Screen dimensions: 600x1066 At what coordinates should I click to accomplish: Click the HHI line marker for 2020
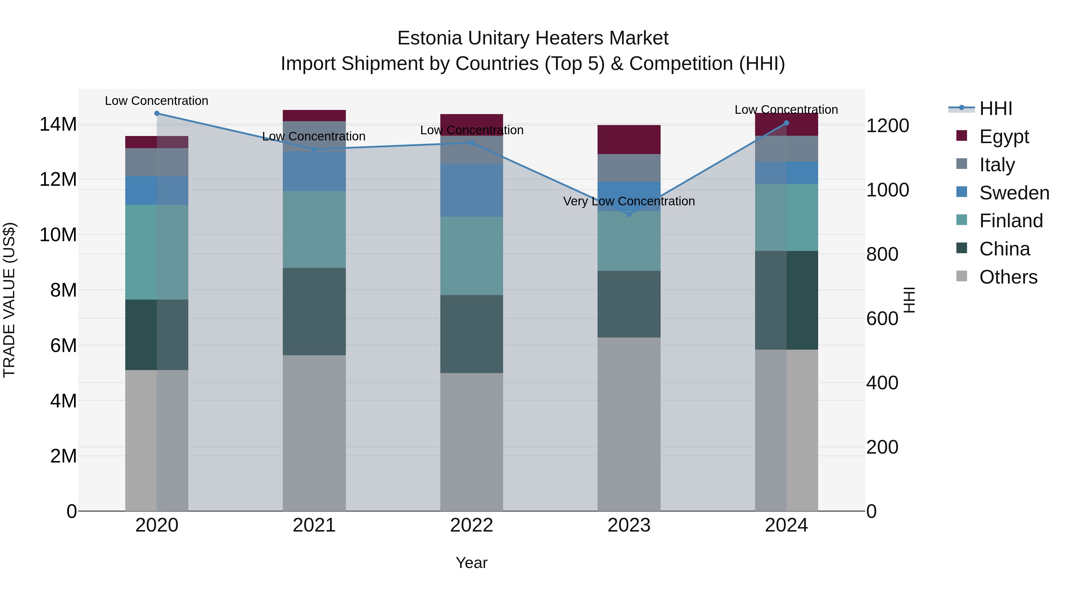coord(157,113)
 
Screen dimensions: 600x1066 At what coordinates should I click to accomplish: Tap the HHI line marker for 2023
coord(629,215)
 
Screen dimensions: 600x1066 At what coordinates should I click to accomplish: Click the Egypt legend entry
coord(1004,137)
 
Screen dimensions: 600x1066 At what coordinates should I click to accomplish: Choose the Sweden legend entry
coord(1014,193)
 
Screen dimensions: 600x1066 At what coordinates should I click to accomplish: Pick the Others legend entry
coord(1008,277)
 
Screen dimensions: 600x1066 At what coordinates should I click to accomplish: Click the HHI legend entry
coord(996,108)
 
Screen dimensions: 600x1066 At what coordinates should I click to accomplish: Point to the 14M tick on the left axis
coord(58,124)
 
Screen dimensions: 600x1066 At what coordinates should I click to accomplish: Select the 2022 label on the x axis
coord(471,525)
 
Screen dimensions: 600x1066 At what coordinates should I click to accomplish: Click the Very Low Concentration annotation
coord(629,201)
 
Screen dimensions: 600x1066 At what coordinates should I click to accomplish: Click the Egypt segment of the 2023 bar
coord(629,140)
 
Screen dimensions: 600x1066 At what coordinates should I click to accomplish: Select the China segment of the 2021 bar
coord(314,311)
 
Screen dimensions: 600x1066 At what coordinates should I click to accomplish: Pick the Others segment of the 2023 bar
coord(629,424)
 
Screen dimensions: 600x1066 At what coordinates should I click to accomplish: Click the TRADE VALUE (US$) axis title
coord(9,300)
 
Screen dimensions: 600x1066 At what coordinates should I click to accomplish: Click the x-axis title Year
coord(471,563)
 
